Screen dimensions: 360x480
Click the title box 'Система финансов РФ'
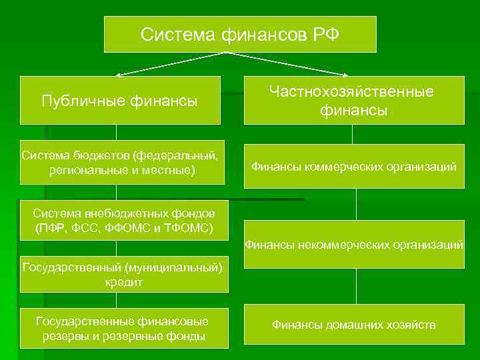tap(240, 34)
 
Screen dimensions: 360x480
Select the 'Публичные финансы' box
tap(120, 101)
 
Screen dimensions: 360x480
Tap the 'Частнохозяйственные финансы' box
tap(354, 101)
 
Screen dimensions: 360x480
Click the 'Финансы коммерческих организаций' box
tap(354, 167)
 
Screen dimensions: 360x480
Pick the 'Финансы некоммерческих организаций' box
tap(354, 245)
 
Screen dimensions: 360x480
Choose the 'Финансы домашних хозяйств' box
tap(354, 325)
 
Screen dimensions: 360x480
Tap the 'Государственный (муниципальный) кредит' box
tap(124, 275)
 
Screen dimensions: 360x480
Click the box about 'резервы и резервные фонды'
tap(124, 329)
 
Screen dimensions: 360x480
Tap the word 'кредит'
tap(124, 283)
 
